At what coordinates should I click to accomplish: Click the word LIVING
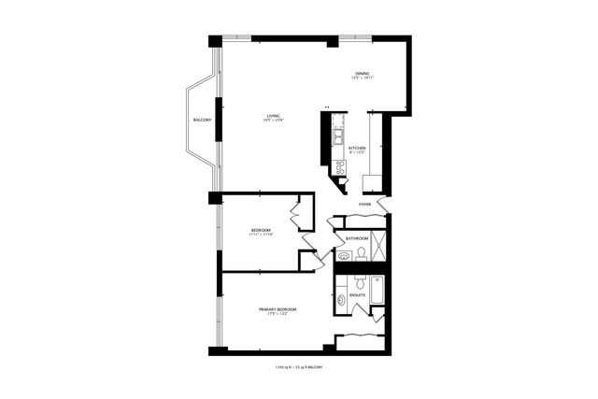tap(274, 115)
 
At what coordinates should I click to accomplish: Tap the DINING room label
tap(362, 74)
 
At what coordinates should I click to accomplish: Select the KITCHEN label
tap(357, 148)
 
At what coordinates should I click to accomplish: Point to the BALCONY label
tap(202, 121)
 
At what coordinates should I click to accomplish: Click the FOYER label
tap(364, 204)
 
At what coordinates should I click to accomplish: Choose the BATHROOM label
tap(357, 238)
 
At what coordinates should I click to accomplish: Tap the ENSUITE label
tap(357, 295)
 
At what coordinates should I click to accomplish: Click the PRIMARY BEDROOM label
tap(278, 309)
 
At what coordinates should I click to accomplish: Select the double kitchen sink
tap(338, 137)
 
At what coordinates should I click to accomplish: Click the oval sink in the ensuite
tap(341, 301)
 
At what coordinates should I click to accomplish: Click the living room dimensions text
tap(274, 121)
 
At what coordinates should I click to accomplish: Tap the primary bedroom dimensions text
tap(278, 314)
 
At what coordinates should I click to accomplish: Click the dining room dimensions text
tap(362, 78)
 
